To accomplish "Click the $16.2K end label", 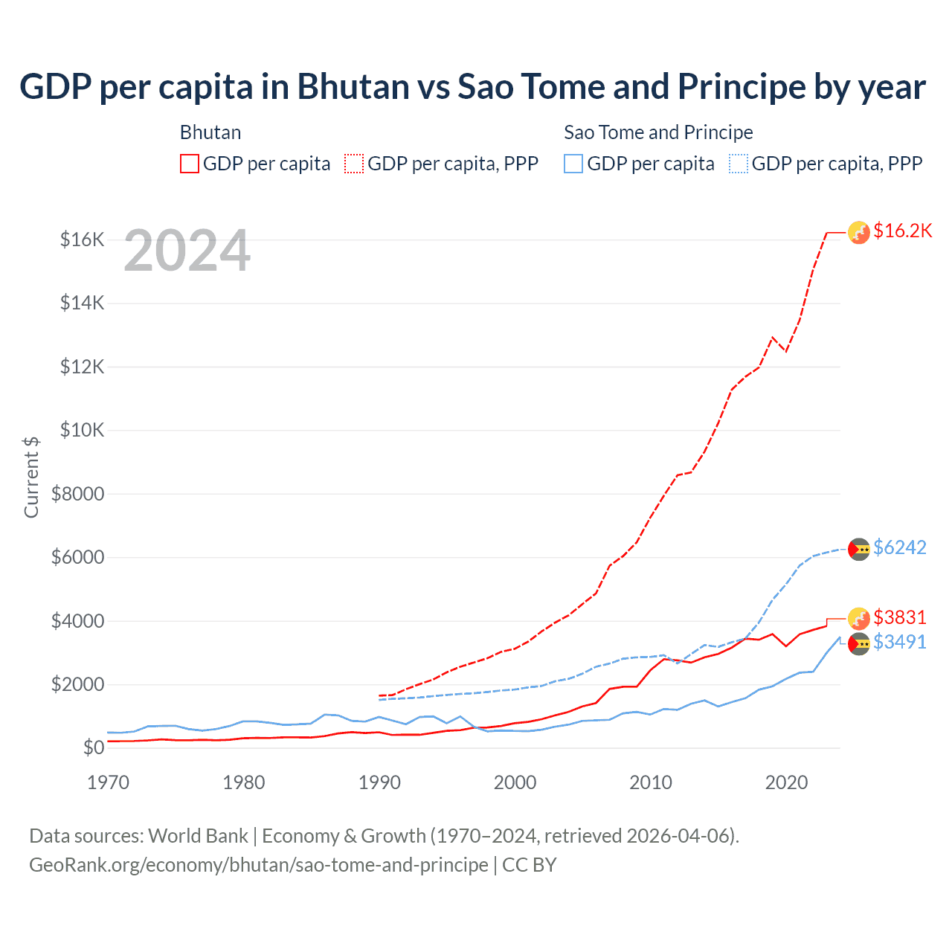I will click(902, 231).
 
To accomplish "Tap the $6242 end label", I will click(899, 548).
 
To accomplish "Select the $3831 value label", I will click(899, 618).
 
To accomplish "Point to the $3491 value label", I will click(899, 642).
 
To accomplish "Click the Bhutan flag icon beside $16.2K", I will click(859, 233).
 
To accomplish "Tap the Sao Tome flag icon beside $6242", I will click(859, 550).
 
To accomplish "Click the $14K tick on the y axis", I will click(83, 303).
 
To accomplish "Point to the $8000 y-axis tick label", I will click(78, 494).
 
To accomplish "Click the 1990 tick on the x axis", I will click(379, 782).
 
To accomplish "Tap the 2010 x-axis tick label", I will click(651, 782).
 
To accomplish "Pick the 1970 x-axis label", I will click(108, 782).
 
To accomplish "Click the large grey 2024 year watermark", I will click(187, 251).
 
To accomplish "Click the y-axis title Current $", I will click(31, 477).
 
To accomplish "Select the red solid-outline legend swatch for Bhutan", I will click(190, 164).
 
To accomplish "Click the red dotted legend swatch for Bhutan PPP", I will click(355, 164).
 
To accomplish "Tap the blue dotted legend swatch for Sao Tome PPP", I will click(739, 164).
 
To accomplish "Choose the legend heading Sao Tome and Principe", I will click(658, 132).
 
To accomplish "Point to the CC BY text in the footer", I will click(530, 865).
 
